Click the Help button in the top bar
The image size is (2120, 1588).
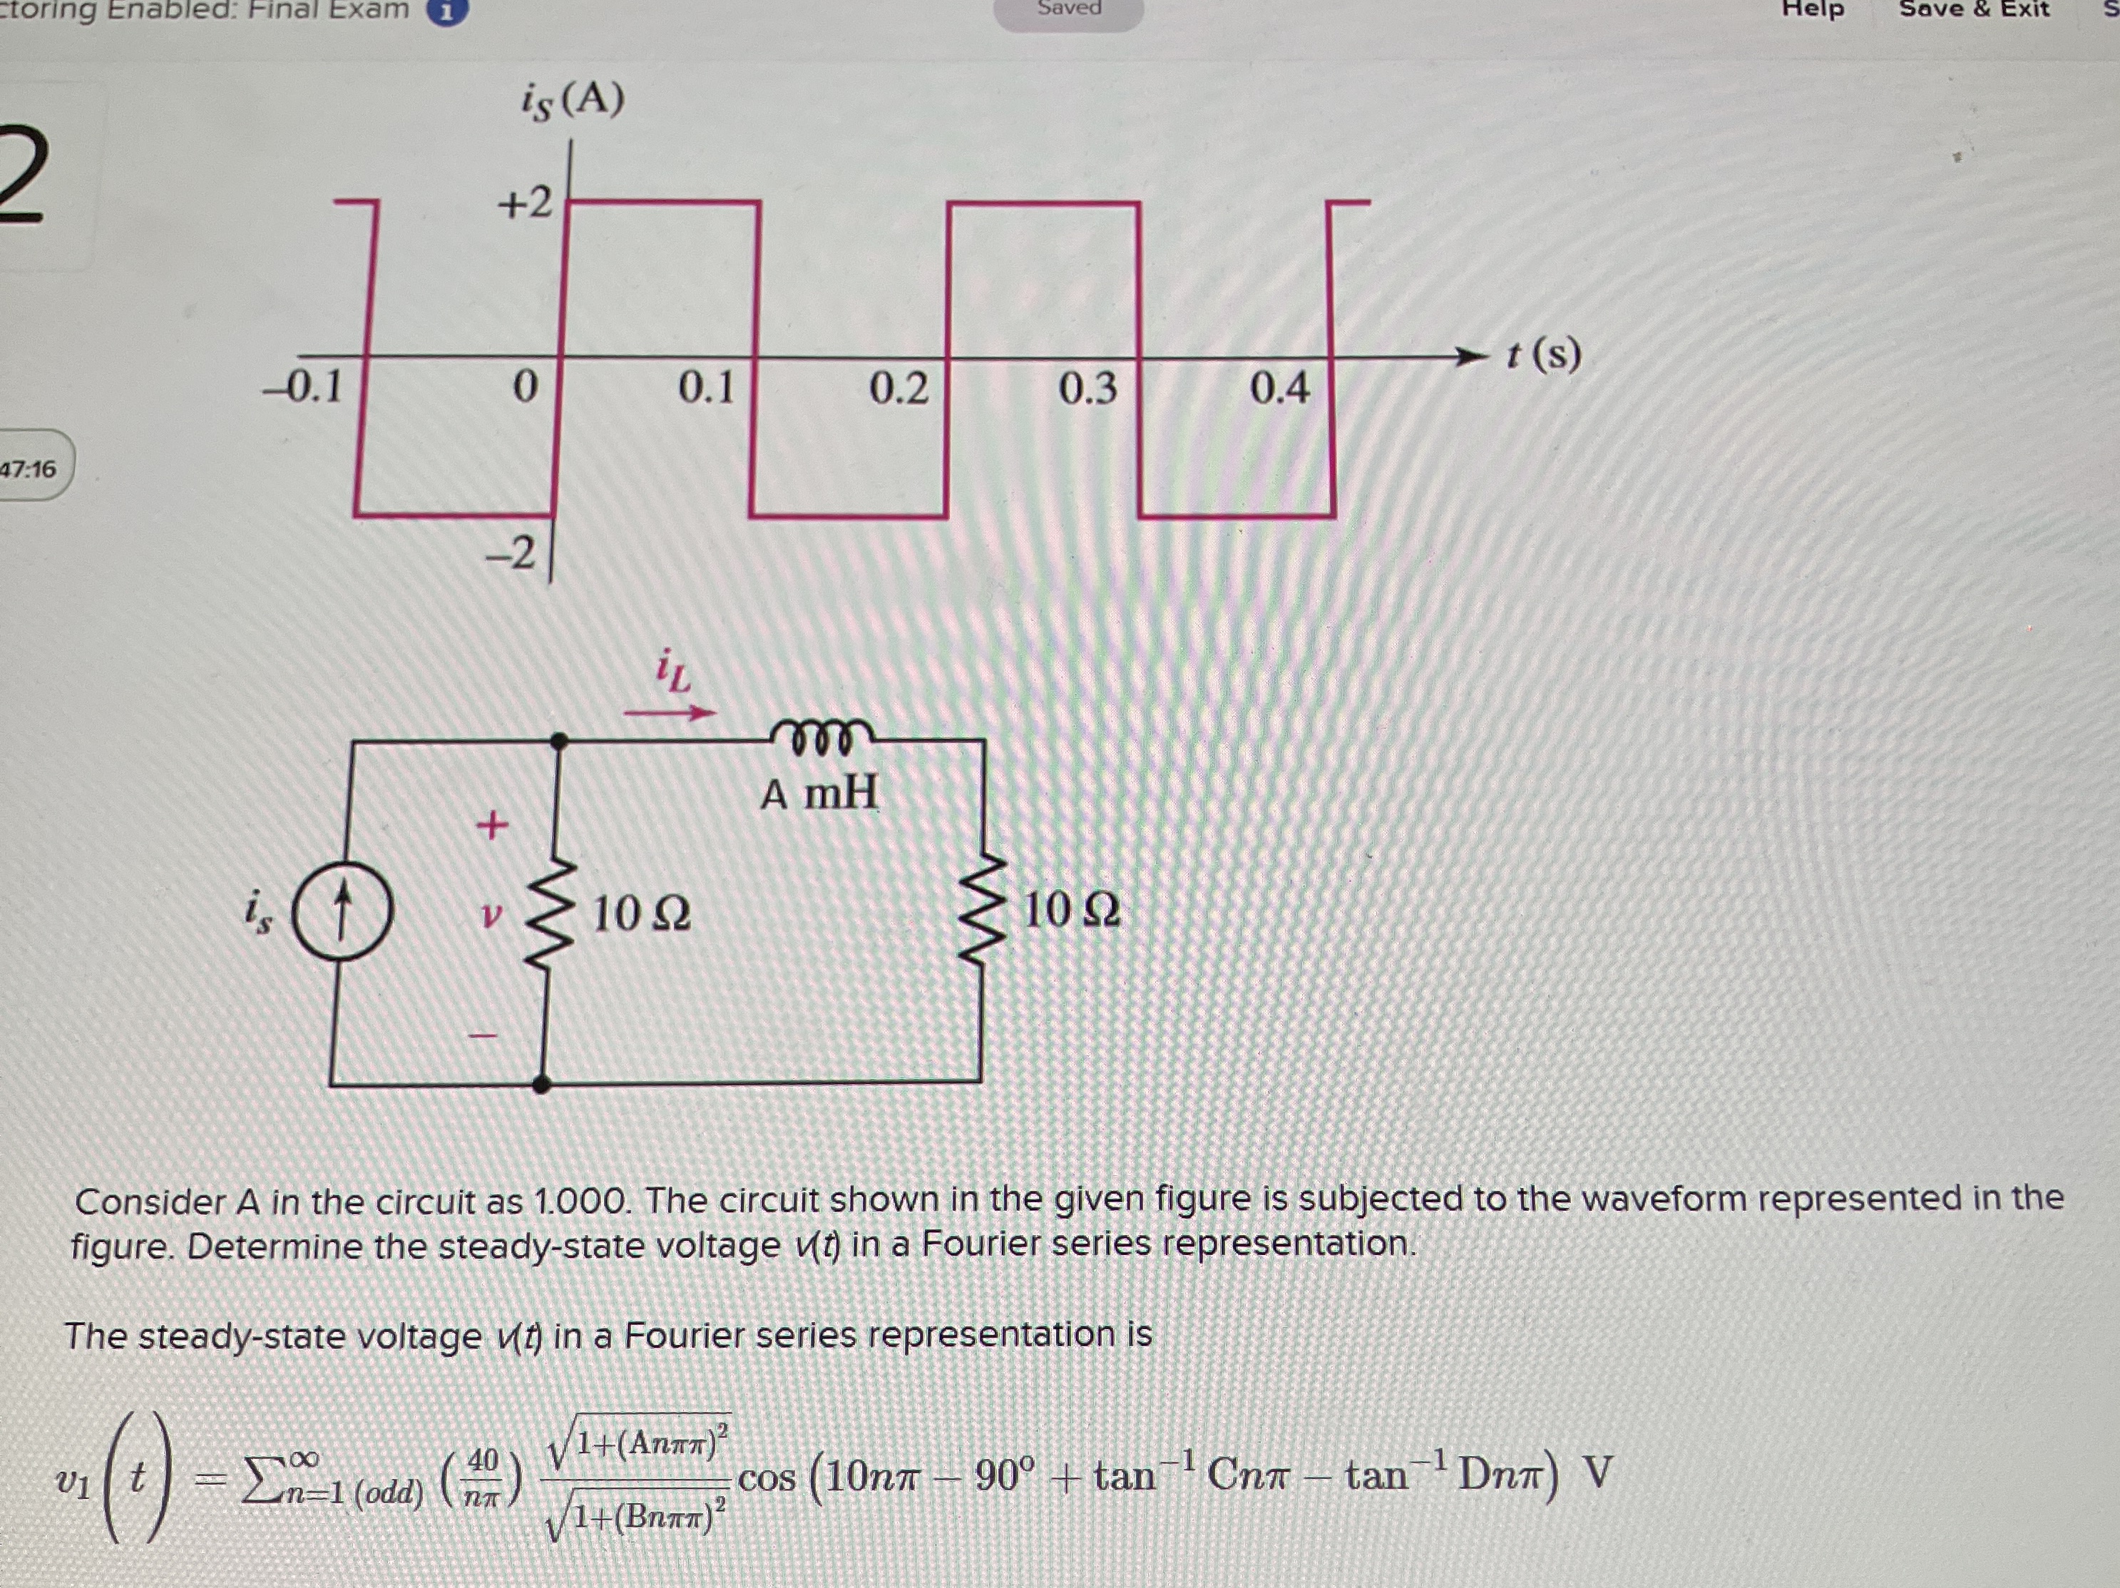coord(1813,9)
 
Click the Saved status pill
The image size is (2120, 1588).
coord(1069,9)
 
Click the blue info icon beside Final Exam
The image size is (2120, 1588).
coord(446,11)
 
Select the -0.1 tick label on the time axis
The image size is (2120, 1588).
coord(304,387)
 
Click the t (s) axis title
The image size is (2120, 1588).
coord(1543,354)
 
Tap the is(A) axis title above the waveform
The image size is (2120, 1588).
coord(572,100)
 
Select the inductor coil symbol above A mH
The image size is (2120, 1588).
coord(820,736)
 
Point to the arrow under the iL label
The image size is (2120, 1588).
coord(670,712)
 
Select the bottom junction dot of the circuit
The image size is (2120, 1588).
coord(541,1084)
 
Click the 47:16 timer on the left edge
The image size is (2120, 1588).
coord(29,468)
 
